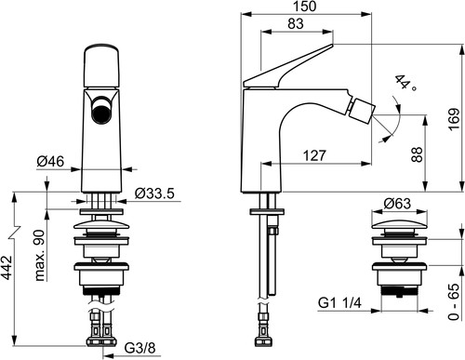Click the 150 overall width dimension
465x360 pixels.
point(305,7)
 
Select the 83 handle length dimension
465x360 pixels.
point(296,23)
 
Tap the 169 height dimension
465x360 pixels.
point(454,119)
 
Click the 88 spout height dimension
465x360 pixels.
point(417,154)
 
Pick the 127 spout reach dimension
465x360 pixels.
point(314,155)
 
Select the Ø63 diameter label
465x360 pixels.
point(397,204)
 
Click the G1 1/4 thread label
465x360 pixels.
point(339,302)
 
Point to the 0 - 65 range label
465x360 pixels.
point(454,301)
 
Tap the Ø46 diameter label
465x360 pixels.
point(50,161)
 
